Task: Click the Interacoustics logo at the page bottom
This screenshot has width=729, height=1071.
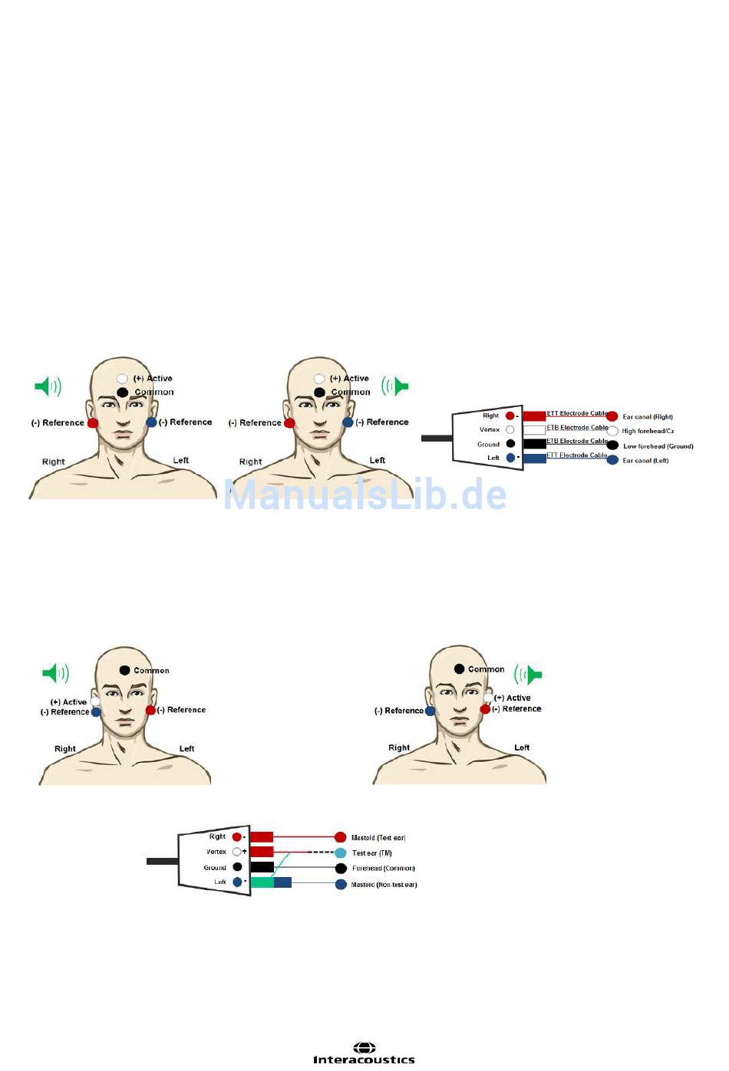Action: pyautogui.click(x=364, y=1053)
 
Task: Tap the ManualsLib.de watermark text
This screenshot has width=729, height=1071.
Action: pyautogui.click(x=365, y=494)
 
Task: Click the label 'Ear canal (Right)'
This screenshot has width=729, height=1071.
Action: pyautogui.click(x=648, y=417)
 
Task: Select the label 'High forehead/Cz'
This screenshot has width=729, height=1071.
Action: pyautogui.click(x=648, y=431)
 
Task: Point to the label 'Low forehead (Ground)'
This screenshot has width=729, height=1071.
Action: pyautogui.click(x=658, y=446)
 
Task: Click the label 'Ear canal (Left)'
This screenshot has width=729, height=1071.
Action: pyautogui.click(x=645, y=461)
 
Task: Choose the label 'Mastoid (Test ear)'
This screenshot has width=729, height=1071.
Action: pyautogui.click(x=378, y=838)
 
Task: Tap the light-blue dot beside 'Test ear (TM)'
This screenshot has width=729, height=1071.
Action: pyautogui.click(x=341, y=853)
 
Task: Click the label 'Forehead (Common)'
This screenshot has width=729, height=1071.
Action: pyautogui.click(x=384, y=869)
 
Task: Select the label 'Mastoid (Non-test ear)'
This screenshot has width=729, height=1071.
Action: pyautogui.click(x=384, y=885)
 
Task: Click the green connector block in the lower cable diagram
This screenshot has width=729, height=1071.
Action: pyautogui.click(x=262, y=882)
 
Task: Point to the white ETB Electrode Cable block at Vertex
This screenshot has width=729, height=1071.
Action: pyautogui.click(x=534, y=430)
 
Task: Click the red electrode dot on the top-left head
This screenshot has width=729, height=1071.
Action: pyautogui.click(x=93, y=423)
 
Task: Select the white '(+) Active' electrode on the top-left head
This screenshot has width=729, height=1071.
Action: pyautogui.click(x=122, y=379)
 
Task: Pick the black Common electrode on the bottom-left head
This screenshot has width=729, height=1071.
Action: pyautogui.click(x=124, y=670)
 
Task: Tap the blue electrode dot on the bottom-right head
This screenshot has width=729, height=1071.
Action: pyautogui.click(x=430, y=711)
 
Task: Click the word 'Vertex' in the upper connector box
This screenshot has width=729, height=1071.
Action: pyautogui.click(x=490, y=430)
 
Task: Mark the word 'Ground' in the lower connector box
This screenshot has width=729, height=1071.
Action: pyautogui.click(x=215, y=868)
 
